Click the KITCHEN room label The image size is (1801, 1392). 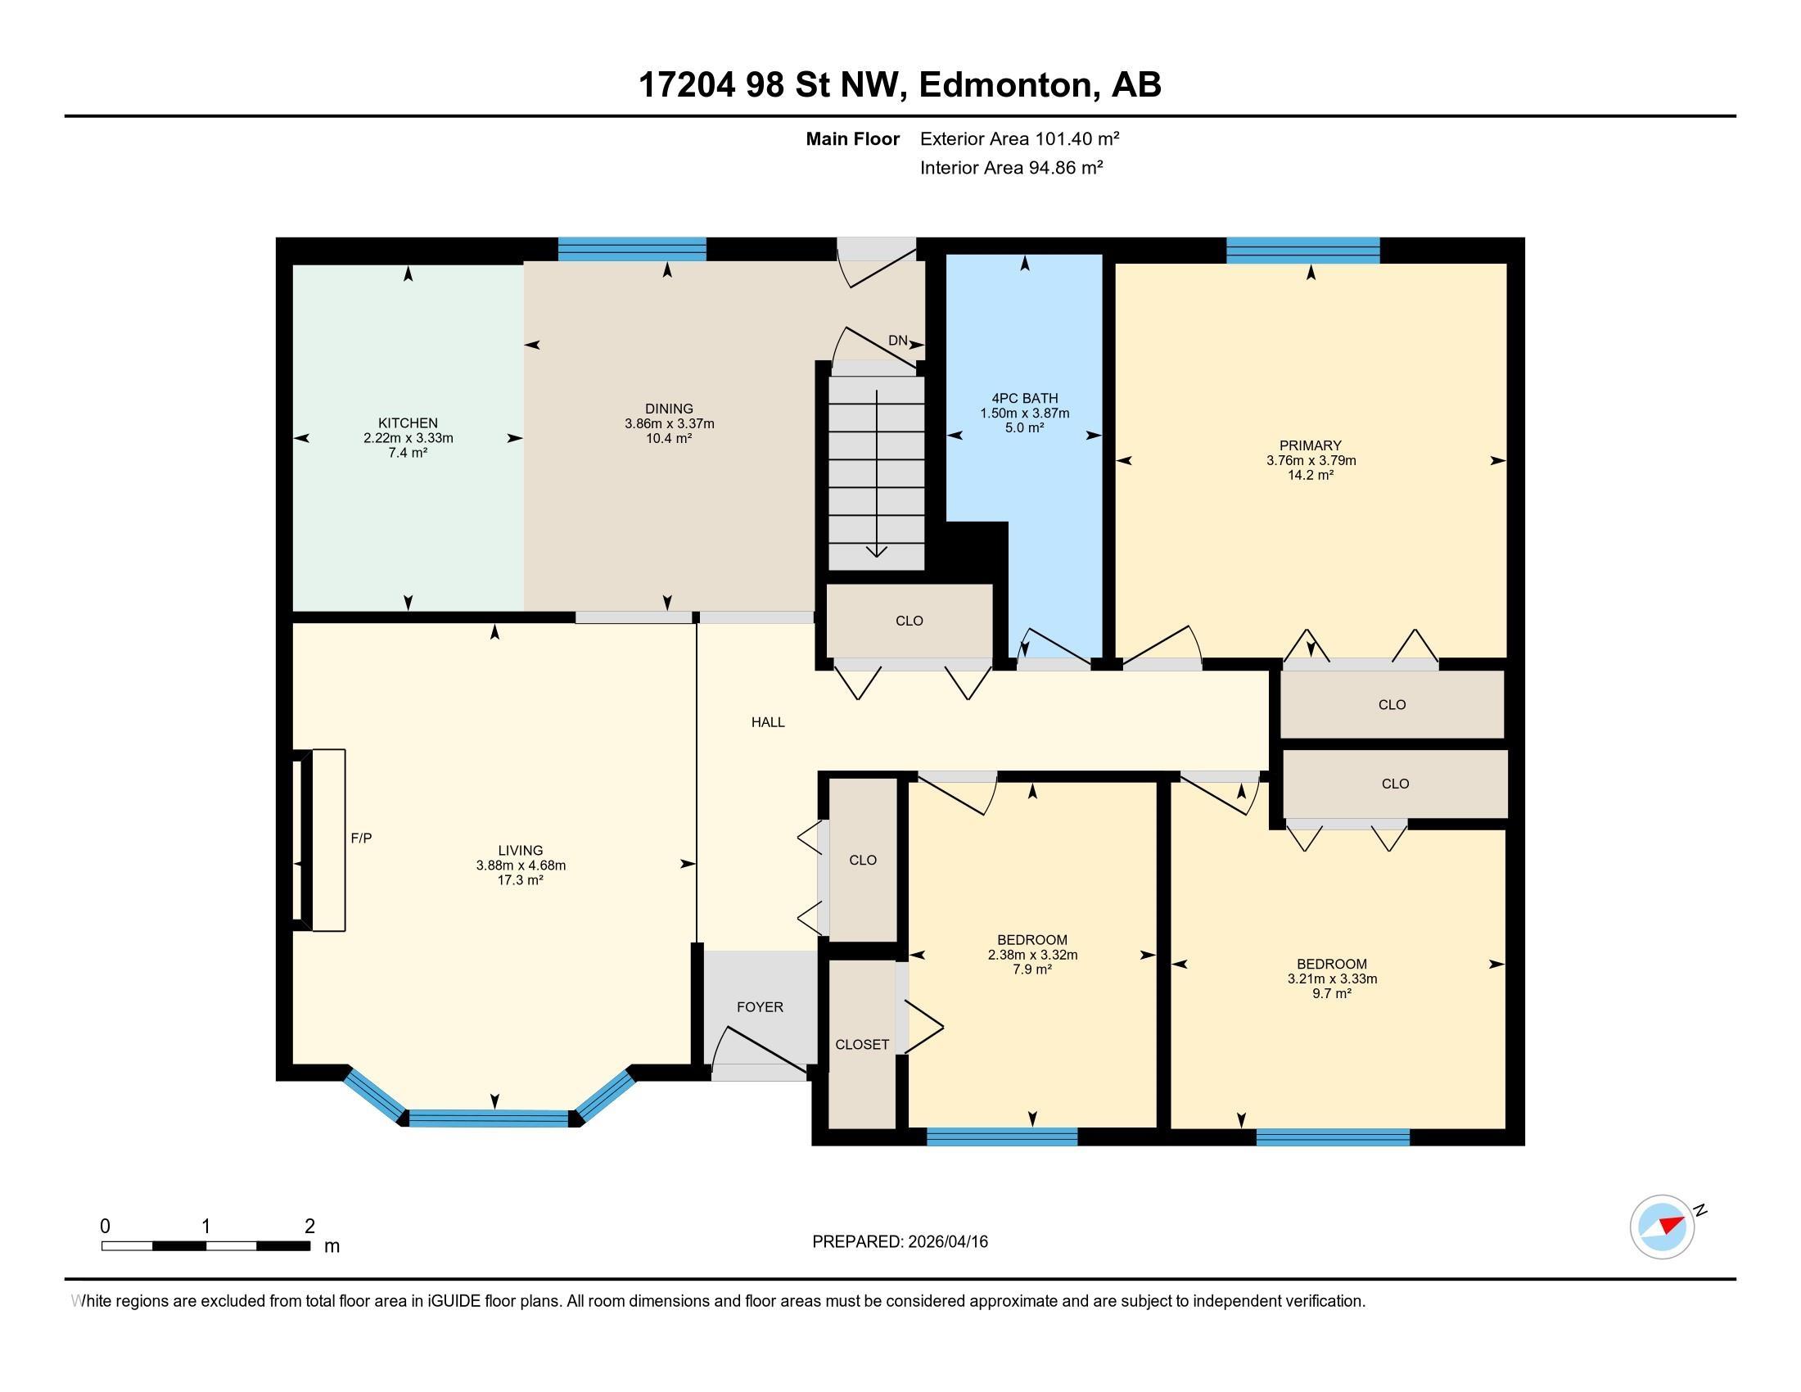tap(408, 423)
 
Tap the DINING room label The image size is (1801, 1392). tap(669, 409)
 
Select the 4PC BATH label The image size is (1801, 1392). tap(1024, 398)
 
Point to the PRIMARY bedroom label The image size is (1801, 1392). tap(1311, 445)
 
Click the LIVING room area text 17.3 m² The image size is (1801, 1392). tap(521, 880)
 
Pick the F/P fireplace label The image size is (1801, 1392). tap(361, 838)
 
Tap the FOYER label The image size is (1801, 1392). tap(760, 1007)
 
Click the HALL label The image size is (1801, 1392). tap(768, 722)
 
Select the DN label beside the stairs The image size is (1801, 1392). tap(897, 341)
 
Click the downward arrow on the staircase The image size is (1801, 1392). tap(876, 473)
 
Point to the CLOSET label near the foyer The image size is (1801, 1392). tap(862, 1044)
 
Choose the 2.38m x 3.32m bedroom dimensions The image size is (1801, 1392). tap(1032, 955)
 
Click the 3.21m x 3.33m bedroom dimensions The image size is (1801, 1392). tap(1332, 978)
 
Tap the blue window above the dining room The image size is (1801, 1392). tap(632, 249)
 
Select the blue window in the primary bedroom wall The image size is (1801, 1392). tap(1303, 250)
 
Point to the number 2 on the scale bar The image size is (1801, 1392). tap(309, 1226)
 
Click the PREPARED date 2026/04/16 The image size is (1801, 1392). tap(946, 1241)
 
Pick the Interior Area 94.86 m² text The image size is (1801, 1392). tap(1011, 167)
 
